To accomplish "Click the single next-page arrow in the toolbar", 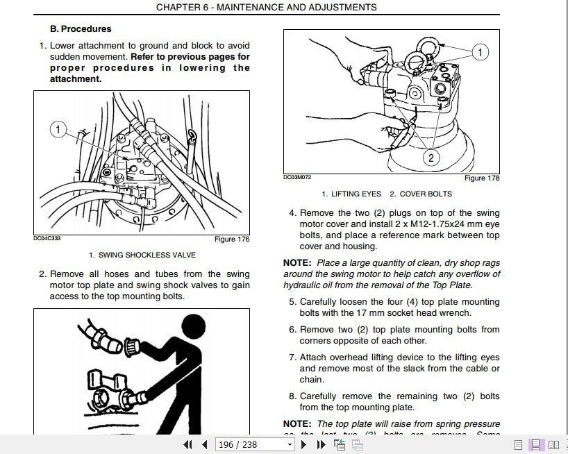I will click(x=304, y=445).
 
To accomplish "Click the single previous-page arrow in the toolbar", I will click(x=204, y=445).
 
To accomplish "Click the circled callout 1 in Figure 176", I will click(x=58, y=130).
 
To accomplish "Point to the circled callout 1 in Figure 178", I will click(x=480, y=52).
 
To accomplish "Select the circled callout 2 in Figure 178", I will click(x=431, y=158).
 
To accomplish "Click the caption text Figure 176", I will click(x=232, y=239).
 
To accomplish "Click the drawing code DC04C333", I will click(x=47, y=239).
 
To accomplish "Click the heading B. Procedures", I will click(x=81, y=29).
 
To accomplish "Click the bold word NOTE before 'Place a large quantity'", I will click(x=297, y=263).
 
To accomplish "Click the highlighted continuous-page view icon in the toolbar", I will click(x=536, y=445).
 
